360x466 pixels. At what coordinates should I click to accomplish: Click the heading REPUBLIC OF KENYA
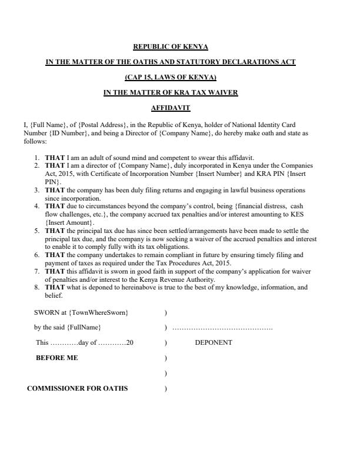(171, 46)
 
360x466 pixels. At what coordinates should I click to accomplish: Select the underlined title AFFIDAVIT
(171, 108)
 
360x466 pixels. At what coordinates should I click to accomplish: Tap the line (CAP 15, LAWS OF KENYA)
(171, 77)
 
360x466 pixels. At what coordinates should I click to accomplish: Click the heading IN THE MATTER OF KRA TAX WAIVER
(171, 92)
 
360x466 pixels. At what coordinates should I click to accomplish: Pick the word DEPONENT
(213, 342)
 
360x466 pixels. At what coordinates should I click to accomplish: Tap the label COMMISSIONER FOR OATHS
(77, 388)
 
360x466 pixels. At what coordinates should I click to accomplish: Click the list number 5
(36, 231)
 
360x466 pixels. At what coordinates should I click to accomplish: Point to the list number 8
(36, 288)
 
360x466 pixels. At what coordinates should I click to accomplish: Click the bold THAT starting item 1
(55, 158)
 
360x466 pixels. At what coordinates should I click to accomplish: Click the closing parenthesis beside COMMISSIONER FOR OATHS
(166, 388)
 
